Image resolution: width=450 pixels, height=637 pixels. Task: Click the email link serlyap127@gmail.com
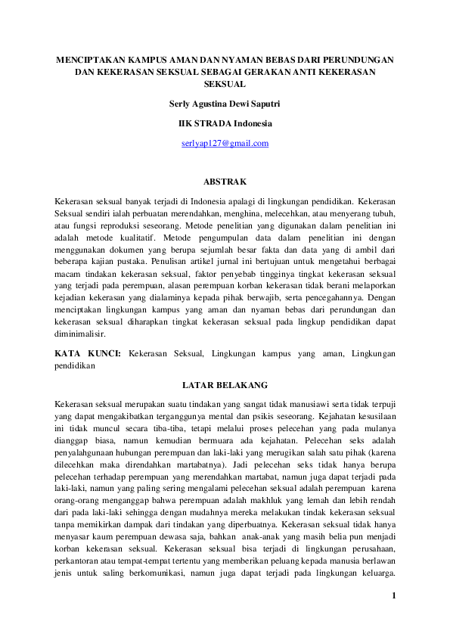pyautogui.click(x=225, y=143)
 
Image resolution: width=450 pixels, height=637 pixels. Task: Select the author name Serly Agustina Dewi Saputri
pyautogui.click(x=225, y=102)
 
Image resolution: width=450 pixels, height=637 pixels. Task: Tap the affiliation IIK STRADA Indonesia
pyautogui.click(x=225, y=123)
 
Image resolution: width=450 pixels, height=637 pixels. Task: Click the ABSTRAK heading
pyautogui.click(x=225, y=182)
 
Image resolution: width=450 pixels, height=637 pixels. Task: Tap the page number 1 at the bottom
pyautogui.click(x=394, y=617)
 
